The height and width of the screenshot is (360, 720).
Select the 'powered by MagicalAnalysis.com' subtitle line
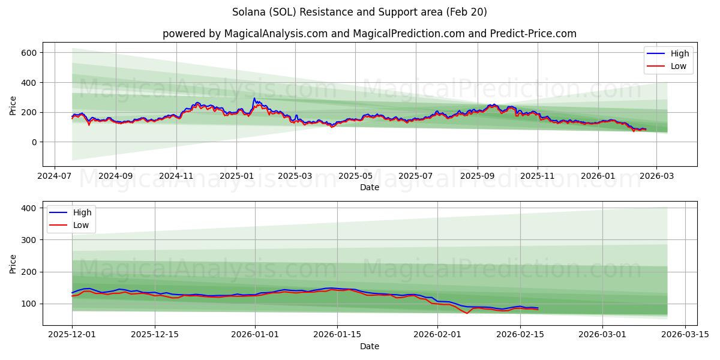point(369,34)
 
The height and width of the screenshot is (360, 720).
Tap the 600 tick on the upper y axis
point(29,53)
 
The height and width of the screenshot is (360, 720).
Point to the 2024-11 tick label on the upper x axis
point(176,176)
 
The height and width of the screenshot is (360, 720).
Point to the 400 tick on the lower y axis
point(29,208)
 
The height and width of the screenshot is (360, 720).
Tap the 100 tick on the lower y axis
point(29,304)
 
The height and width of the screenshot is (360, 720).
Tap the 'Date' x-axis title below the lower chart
point(369,346)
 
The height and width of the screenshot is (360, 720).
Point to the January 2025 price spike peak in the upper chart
point(254,98)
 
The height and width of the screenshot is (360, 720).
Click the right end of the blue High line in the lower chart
point(538,308)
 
